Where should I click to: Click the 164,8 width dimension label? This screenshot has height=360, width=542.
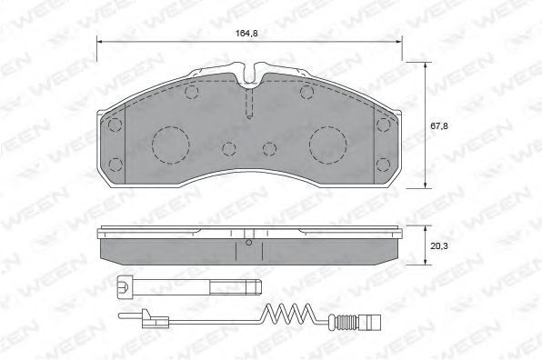pos(246,34)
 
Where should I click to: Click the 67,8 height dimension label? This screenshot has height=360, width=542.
pos(439,126)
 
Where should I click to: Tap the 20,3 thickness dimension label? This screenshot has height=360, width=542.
pos(439,246)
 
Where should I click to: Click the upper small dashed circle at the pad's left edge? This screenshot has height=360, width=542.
pos(115,125)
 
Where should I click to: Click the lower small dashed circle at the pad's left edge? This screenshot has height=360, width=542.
pos(115,165)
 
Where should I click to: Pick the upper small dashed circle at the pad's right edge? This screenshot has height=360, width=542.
pos(383,125)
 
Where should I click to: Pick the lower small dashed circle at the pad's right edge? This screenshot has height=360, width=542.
pos(383,165)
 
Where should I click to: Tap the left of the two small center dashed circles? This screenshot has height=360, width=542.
pos(229,149)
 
